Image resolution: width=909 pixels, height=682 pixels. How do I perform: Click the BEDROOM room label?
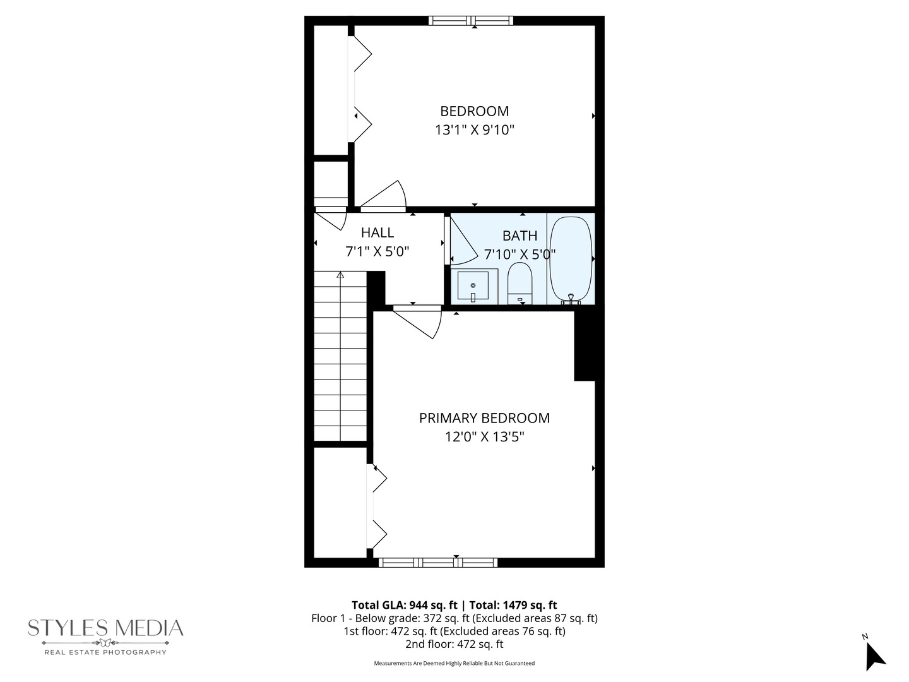pos(474,111)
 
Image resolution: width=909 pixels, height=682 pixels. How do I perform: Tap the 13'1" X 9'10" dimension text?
pos(474,130)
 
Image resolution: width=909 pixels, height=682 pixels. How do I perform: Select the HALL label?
pos(377,232)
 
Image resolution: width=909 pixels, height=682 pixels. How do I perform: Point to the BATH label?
pos(520,236)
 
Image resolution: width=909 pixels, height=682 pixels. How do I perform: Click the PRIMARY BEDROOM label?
pos(484,418)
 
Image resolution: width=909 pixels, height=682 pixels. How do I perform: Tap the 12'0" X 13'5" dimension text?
pos(484,436)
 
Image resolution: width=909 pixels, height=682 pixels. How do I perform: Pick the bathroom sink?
pos(473,286)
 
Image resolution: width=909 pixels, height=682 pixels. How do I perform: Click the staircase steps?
pos(340,357)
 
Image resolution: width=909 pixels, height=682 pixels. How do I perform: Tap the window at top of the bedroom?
pos(471,20)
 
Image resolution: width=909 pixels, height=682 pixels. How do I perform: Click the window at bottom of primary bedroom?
pos(438,562)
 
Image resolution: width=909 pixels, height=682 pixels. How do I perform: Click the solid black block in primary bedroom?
pos(585,345)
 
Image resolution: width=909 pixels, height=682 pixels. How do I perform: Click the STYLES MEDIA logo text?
pos(105,628)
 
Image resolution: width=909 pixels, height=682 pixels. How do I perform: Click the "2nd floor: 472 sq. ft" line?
pos(454,644)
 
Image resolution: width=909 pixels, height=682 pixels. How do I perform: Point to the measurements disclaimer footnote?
pos(454,663)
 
